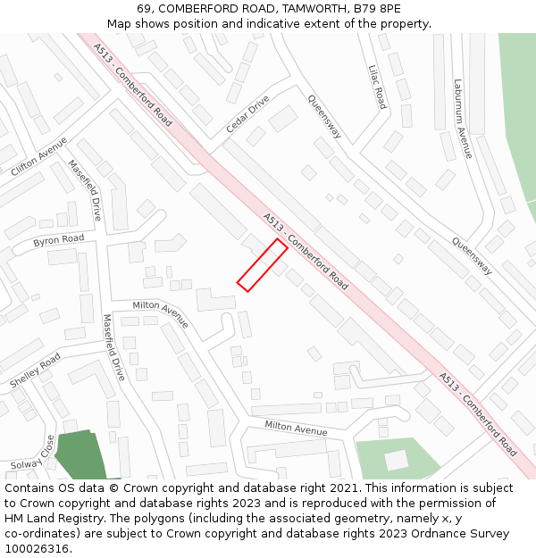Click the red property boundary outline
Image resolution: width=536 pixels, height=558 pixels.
point(262,265)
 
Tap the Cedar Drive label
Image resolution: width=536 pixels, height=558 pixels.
point(247,114)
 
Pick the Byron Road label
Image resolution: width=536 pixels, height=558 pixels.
point(59,240)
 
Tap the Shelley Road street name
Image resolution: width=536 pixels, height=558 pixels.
point(36,370)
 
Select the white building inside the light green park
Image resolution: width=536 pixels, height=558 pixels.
point(396,460)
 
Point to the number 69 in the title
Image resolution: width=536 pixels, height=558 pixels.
point(145,9)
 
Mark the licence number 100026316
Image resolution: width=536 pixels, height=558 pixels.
point(38,549)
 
